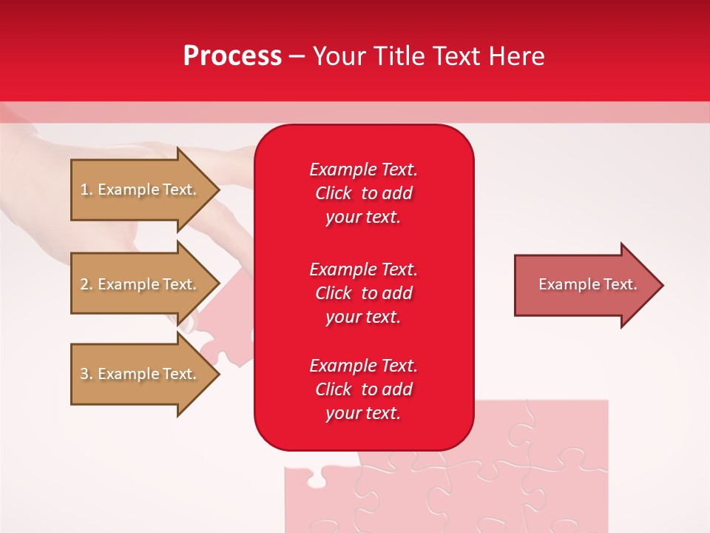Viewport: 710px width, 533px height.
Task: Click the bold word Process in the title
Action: (232, 56)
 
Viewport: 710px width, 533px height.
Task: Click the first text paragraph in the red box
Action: (363, 193)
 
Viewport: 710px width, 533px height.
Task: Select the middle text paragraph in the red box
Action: (363, 292)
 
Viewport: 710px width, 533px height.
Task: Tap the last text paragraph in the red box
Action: (363, 389)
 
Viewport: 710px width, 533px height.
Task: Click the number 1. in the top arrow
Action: (87, 190)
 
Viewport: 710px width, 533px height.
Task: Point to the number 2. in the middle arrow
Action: (87, 284)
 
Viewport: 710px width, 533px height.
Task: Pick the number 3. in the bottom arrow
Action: (87, 374)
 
